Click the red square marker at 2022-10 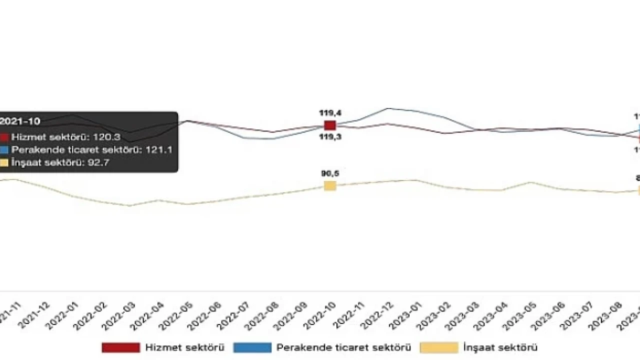[x=330, y=125]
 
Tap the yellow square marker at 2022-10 [x=330, y=186]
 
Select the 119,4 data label [x=330, y=113]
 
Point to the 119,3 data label [x=330, y=136]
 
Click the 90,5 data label [x=330, y=173]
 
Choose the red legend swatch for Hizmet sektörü [x=120, y=347]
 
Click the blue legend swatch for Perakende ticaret [x=252, y=347]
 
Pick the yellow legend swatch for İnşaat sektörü [x=438, y=347]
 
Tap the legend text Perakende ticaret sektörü [x=343, y=347]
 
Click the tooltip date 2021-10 [x=20, y=121]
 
